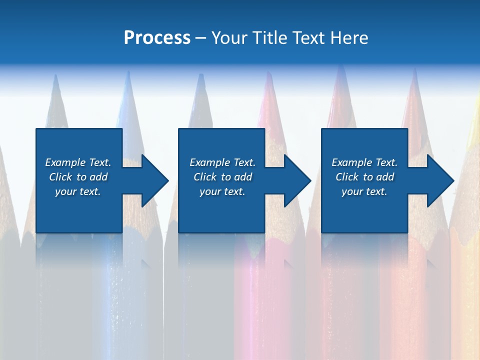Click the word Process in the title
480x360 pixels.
(x=157, y=38)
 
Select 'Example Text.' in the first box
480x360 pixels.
(x=78, y=162)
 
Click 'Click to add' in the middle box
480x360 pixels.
(x=222, y=177)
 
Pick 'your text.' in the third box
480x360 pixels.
(x=364, y=191)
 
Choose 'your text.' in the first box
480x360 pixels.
(x=78, y=191)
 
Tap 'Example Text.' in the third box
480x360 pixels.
(x=364, y=162)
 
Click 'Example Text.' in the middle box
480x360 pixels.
(x=222, y=162)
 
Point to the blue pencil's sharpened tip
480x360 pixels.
(x=129, y=85)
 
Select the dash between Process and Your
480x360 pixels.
(x=200, y=38)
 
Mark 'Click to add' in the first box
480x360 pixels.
(x=78, y=177)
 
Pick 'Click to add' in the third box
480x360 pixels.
(x=364, y=177)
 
